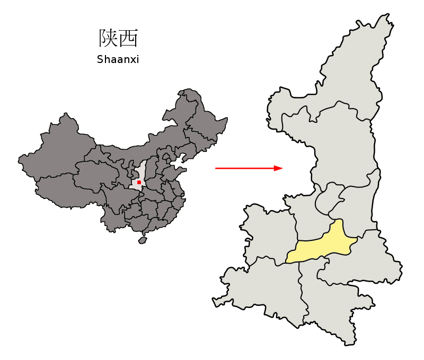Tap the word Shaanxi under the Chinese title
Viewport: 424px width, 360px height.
(118, 59)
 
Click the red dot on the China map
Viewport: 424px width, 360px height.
(139, 182)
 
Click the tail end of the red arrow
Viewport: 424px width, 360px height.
(216, 168)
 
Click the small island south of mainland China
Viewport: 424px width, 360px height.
(142, 240)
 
